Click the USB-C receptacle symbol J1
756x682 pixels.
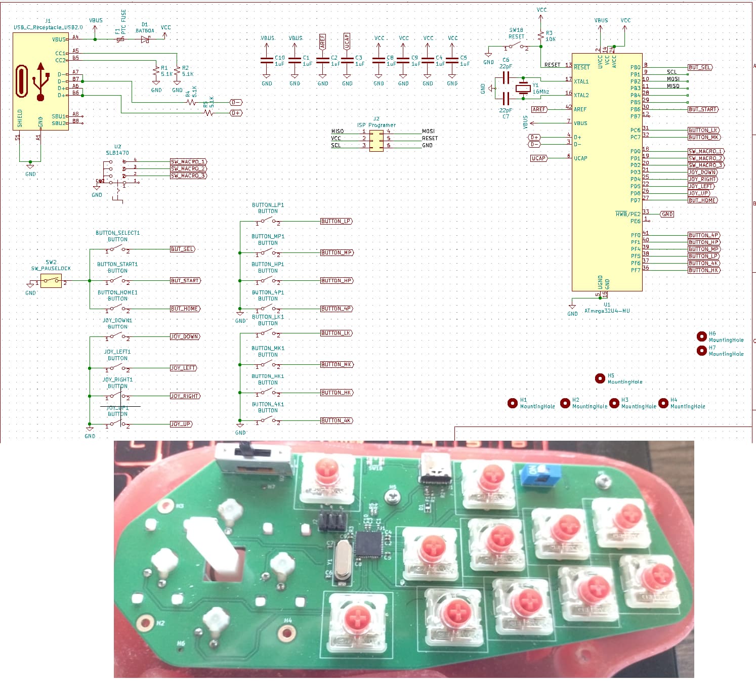[x=40, y=81]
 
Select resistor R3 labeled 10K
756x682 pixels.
[x=541, y=36]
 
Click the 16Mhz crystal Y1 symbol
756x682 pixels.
[x=523, y=89]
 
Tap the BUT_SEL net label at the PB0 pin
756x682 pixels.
[x=700, y=67]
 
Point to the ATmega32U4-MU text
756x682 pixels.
[x=607, y=311]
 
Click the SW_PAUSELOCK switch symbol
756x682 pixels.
[x=51, y=281]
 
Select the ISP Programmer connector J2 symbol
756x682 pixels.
[x=376, y=140]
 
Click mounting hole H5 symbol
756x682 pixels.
[x=600, y=378]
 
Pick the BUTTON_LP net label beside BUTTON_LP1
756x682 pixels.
[x=336, y=222]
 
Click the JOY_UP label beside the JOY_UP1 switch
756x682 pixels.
[x=181, y=424]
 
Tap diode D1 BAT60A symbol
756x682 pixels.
[x=145, y=39]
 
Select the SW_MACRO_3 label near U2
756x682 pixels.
[x=188, y=176]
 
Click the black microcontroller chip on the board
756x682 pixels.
[x=368, y=544]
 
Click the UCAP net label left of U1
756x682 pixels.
[x=538, y=158]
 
